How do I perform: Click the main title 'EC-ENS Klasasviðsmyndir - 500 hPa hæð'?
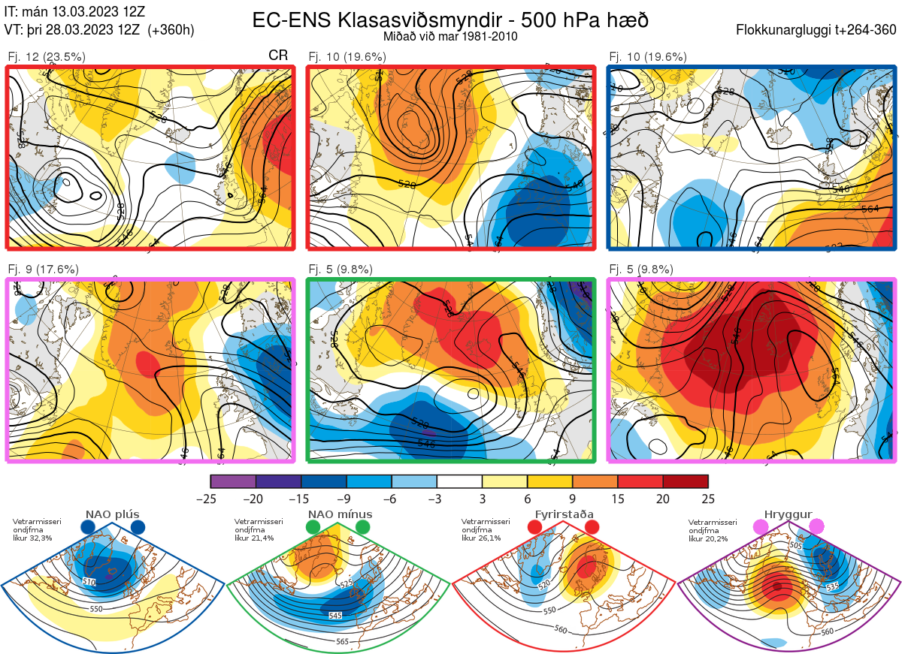tap(450, 20)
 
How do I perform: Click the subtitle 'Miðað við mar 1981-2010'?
tap(450, 36)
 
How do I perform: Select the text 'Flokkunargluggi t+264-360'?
tap(818, 30)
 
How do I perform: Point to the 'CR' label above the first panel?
tap(278, 56)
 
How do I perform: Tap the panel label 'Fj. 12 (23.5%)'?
tap(47, 56)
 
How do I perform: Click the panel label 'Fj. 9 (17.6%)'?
tap(44, 269)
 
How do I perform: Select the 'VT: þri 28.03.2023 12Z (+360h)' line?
tap(99, 30)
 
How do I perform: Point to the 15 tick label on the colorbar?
tap(618, 499)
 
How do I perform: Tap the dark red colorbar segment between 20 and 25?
tap(686, 481)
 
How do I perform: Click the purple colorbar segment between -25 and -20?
tap(233, 481)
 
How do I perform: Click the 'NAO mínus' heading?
tap(340, 515)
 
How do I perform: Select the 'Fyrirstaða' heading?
tap(564, 515)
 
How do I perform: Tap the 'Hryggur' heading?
tap(788, 515)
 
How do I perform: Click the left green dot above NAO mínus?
tap(313, 528)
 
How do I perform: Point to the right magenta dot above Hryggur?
tap(816, 528)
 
